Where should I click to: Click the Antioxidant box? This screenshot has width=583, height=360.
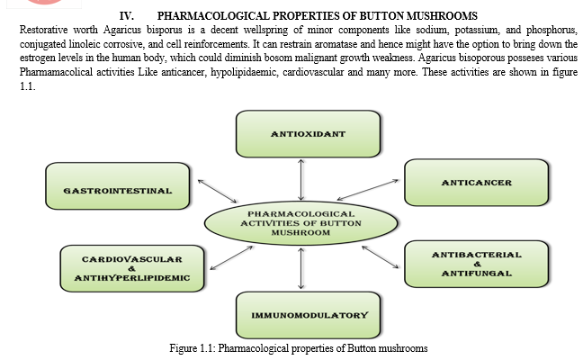coord(309,134)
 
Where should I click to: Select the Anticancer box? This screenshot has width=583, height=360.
coord(476,183)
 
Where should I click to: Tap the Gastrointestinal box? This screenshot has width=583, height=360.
coord(118,186)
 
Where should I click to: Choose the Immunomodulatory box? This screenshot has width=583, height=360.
coord(309,315)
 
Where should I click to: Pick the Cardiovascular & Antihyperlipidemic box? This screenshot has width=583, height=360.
coord(132,268)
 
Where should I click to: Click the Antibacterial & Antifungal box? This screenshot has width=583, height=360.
coord(476,264)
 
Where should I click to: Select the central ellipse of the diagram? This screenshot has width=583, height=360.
coord(300,223)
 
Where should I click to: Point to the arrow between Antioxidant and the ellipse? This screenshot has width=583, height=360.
coord(301,180)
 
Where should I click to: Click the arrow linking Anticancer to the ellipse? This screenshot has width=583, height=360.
coord(368,190)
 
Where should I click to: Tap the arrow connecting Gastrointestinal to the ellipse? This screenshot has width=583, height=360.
coord(217,191)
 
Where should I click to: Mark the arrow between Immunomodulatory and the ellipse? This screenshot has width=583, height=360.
coord(301,268)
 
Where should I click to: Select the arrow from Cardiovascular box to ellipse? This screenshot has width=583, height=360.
coord(231,257)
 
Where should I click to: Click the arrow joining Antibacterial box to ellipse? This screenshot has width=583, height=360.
coord(381,257)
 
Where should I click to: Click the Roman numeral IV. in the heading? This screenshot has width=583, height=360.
coord(127,16)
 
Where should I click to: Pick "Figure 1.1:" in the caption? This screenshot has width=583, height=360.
coord(193,348)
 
